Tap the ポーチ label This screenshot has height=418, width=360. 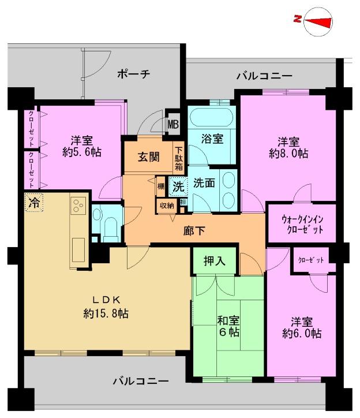coord(133,74)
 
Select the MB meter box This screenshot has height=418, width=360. coord(173,122)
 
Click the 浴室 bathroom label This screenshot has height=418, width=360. coord(212,139)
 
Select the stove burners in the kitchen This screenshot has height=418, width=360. coord(78,205)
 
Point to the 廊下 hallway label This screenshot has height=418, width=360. coord(194,230)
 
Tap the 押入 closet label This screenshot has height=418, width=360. coord(215,261)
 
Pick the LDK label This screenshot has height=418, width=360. coord(107,300)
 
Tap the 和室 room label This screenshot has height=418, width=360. coord(229,320)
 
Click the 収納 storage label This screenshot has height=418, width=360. coord(167,204)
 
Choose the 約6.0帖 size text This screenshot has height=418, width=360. coord(302,334)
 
